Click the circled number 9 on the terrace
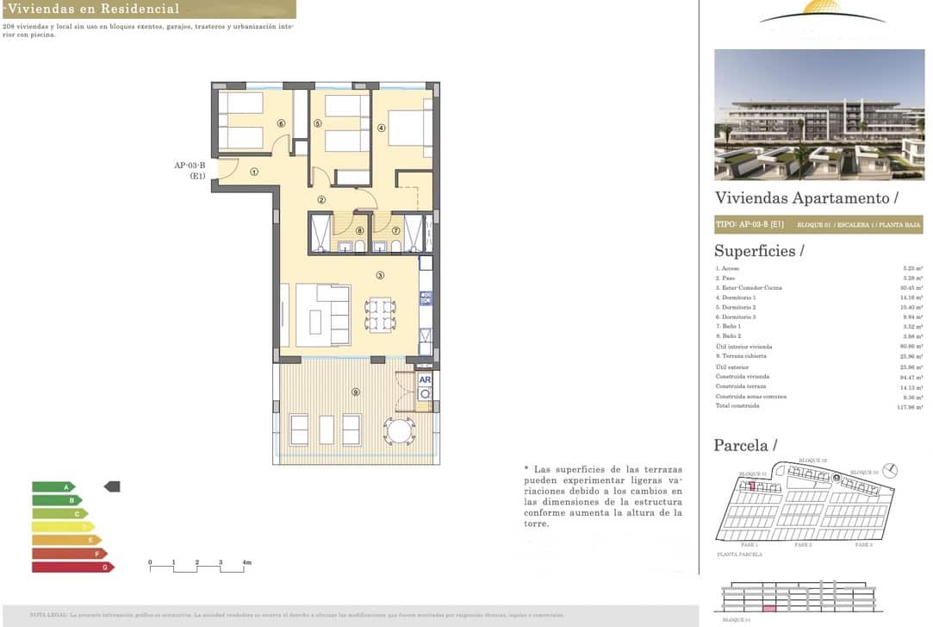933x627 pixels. tap(355, 392)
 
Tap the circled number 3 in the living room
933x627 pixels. tap(379, 276)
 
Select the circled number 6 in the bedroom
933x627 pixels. tap(281, 123)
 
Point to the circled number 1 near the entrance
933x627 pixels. tap(254, 171)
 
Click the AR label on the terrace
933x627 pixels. tap(425, 379)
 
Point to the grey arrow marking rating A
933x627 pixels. tap(112, 486)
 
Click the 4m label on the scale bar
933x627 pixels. tap(246, 562)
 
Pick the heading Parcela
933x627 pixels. tap(745, 446)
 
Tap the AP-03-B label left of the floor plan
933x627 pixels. tap(189, 166)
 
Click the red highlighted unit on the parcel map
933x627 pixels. tap(751, 486)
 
